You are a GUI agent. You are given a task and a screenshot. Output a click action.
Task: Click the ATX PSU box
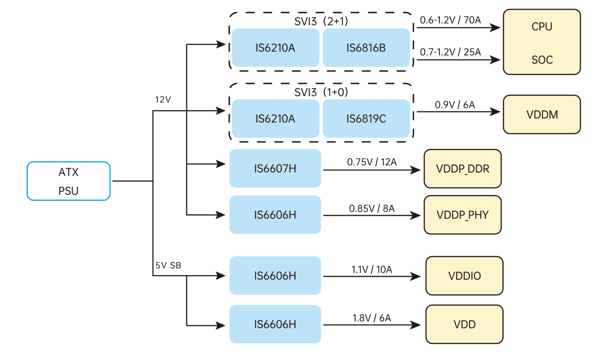(69, 181)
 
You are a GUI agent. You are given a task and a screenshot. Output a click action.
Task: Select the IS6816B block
(366, 48)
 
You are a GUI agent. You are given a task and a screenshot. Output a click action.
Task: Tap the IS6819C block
(366, 118)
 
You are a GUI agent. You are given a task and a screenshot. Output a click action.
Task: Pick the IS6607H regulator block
(275, 168)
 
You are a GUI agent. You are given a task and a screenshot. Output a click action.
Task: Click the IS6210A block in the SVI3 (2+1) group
(275, 48)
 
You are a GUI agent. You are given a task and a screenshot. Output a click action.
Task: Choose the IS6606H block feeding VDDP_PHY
(275, 215)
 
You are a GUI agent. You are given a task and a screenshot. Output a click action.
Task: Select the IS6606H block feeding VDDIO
(275, 276)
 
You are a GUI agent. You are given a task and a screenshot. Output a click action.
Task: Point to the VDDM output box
(541, 115)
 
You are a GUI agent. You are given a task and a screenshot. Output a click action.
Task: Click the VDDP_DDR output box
(462, 169)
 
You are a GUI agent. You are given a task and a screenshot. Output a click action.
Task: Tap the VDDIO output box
(464, 276)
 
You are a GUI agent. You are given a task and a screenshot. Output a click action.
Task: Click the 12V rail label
(163, 100)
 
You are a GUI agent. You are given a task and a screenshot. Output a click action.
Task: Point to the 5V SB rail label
(168, 266)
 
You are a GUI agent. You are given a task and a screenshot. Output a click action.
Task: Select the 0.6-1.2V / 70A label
(450, 20)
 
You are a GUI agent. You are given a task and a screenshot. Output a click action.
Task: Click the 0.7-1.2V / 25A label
(450, 52)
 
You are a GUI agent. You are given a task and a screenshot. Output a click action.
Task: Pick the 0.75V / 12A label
(372, 162)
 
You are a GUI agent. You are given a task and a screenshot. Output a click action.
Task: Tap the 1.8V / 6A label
(372, 318)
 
